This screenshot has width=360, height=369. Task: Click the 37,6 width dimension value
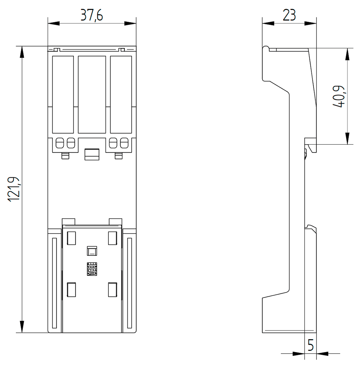click(92, 15)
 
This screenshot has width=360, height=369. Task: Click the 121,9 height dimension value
click(14, 189)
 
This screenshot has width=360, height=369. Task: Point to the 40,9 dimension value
click(338, 97)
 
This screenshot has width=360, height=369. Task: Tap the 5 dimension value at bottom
click(311, 346)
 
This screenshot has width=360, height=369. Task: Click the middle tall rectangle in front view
click(92, 94)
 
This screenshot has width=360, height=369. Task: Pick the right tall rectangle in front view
click(121, 94)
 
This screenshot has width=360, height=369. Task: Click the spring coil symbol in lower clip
click(91, 269)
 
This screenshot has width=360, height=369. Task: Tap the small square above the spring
click(91, 251)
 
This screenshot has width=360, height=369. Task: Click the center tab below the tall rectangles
click(92, 154)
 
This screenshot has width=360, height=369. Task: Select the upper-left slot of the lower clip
click(71, 238)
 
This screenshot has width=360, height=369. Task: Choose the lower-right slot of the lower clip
click(112, 289)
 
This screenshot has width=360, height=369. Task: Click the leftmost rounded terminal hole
click(59, 142)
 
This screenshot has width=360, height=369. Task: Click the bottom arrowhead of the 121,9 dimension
click(22, 327)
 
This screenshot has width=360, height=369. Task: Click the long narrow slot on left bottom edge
click(54, 283)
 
